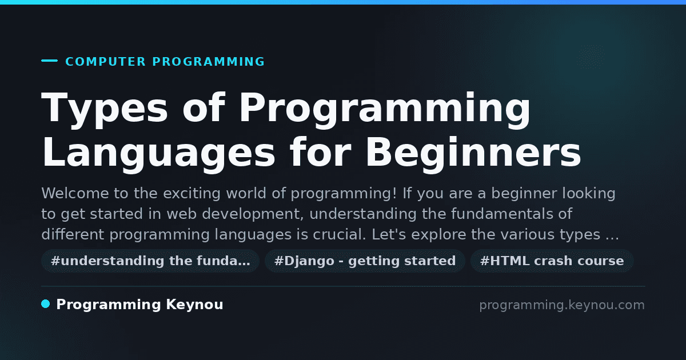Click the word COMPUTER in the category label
click(106, 62)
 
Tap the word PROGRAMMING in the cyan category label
click(209, 62)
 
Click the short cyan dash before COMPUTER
click(49, 61)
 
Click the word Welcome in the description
click(75, 194)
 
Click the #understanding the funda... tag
click(150, 261)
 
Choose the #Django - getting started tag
click(365, 261)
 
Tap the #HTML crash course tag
click(552, 261)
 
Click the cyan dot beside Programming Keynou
click(45, 304)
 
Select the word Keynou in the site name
click(194, 305)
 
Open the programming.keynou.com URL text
click(562, 305)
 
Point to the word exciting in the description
click(192, 194)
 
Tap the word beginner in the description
click(524, 194)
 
